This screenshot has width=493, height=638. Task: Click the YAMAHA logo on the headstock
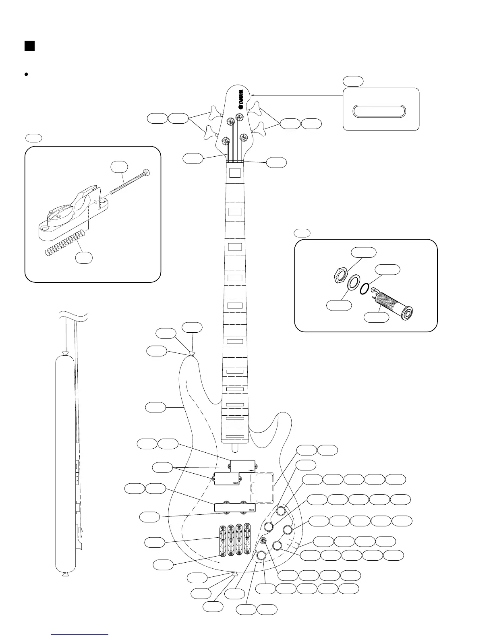240,98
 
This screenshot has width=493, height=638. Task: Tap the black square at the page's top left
29,46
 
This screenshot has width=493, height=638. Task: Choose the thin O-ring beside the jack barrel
365,288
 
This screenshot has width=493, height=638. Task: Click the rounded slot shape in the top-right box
379,112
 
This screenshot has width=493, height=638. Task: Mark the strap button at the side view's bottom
64,574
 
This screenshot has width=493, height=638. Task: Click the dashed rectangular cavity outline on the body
263,488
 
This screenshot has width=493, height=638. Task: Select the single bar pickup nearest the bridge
235,507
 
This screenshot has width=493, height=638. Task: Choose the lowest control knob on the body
261,556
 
